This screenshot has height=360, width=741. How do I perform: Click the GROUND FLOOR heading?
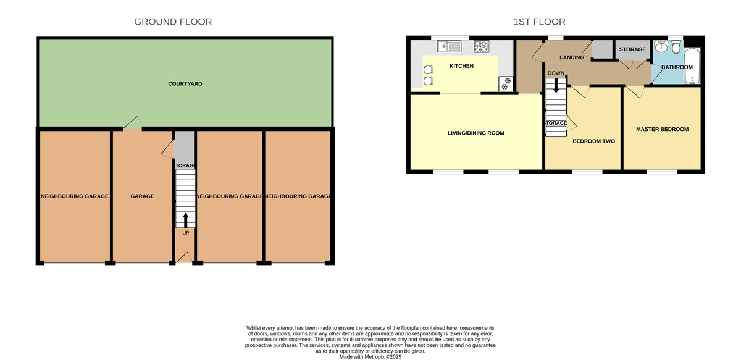coord(173,22)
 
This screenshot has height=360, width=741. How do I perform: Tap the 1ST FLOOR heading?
coord(539,22)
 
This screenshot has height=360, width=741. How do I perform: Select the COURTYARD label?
coord(185,84)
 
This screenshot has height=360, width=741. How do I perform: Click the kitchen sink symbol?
coord(450,46)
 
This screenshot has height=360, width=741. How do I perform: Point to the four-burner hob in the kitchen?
coord(481,47)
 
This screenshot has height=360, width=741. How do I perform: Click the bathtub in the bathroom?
coord(692,66)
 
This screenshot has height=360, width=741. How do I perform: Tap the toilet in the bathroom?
coord(676,47)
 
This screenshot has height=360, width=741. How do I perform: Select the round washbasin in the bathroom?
coord(661,46)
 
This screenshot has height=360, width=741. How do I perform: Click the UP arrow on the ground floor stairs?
coord(186,220)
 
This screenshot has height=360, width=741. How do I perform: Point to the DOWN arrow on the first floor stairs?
coord(556,85)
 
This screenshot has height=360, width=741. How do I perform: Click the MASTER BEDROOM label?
coord(662,130)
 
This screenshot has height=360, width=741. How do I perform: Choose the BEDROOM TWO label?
coord(594,141)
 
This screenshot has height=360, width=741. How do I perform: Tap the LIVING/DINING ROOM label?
coord(475,133)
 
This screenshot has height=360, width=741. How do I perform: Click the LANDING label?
coord(572,57)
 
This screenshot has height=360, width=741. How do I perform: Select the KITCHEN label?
coord(461,66)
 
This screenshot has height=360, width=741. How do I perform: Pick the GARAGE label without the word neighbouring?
coord(142,196)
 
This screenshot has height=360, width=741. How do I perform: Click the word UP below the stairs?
coord(186,233)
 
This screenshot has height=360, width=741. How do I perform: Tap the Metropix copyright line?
coord(370,357)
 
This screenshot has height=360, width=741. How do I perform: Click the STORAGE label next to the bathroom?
coord(632,49)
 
